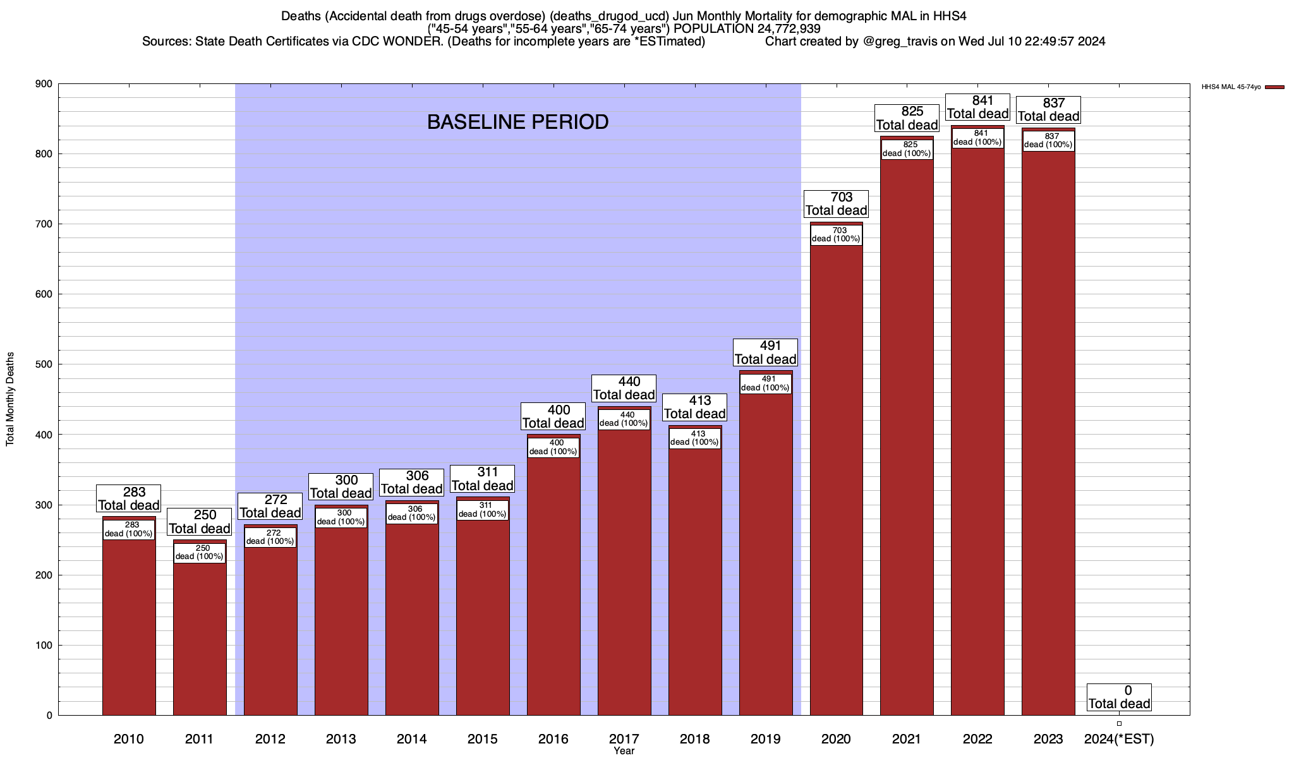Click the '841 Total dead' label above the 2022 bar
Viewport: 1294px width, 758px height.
[x=977, y=107]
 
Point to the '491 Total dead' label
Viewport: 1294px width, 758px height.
[x=765, y=352]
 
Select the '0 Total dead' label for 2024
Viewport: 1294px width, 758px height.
[x=1119, y=697]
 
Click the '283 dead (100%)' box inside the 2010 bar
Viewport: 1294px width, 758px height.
[x=129, y=529]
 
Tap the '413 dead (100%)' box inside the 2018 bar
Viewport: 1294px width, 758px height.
[x=695, y=438]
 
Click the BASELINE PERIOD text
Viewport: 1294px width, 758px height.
[x=517, y=122]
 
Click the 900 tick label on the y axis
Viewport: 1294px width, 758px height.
[x=44, y=84]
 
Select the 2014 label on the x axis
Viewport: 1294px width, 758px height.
[x=412, y=738]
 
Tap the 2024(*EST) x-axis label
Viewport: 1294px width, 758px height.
[x=1119, y=738]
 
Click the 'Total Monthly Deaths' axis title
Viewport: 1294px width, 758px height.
[x=10, y=399]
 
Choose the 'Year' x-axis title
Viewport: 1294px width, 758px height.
[x=624, y=751]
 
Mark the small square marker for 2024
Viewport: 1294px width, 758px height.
[x=1119, y=723]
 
